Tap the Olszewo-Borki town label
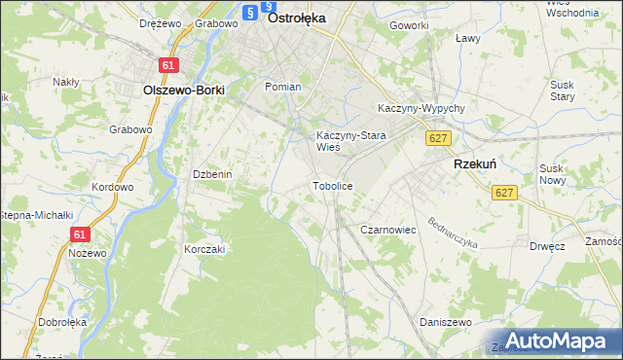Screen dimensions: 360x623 click(x=183, y=90)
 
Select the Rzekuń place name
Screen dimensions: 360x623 click(x=476, y=165)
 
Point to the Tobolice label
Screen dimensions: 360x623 click(x=331, y=185)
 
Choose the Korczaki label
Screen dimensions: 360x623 click(x=204, y=249)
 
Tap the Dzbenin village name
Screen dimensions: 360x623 click(x=211, y=174)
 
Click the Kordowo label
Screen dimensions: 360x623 click(x=111, y=187)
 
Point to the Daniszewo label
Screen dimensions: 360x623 click(x=445, y=321)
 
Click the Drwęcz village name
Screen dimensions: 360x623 click(x=549, y=246)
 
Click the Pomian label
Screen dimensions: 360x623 click(x=282, y=87)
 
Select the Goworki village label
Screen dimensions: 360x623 click(x=408, y=25)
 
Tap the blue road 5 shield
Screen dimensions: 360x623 click(x=250, y=13)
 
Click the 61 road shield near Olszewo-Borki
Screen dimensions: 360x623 click(x=170, y=65)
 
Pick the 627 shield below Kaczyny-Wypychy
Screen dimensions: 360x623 click(x=437, y=139)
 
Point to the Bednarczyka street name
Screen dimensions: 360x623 click(x=451, y=228)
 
